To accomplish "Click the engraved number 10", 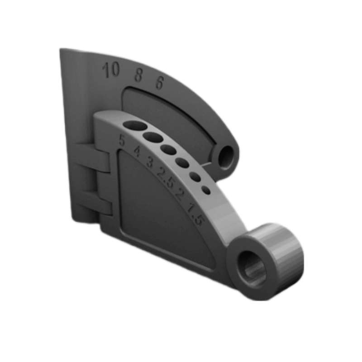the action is [111, 70].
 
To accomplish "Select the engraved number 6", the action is [160, 83].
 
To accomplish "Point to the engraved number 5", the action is [122, 140].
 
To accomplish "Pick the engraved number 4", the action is [137, 152].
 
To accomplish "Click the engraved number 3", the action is [150, 162].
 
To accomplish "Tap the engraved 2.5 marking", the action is [165, 176].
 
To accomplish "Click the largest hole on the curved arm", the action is [135, 125].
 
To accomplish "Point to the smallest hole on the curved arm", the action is [206, 190].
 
